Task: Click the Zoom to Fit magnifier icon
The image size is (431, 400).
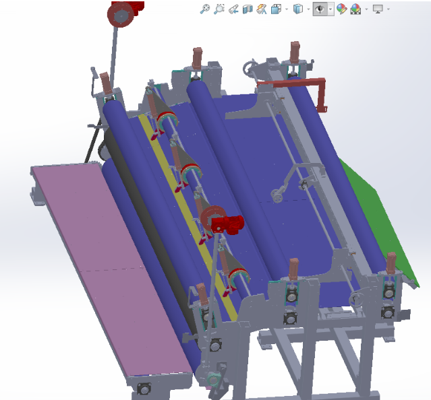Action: (205, 9)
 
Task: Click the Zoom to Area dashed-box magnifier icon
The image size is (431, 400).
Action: (219, 9)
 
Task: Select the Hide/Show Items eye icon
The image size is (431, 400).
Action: (321, 9)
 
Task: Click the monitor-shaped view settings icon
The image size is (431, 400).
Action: (378, 9)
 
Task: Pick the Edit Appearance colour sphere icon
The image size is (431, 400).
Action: (341, 9)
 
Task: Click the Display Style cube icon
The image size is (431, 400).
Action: (297, 9)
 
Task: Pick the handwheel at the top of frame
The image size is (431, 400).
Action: (252, 67)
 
